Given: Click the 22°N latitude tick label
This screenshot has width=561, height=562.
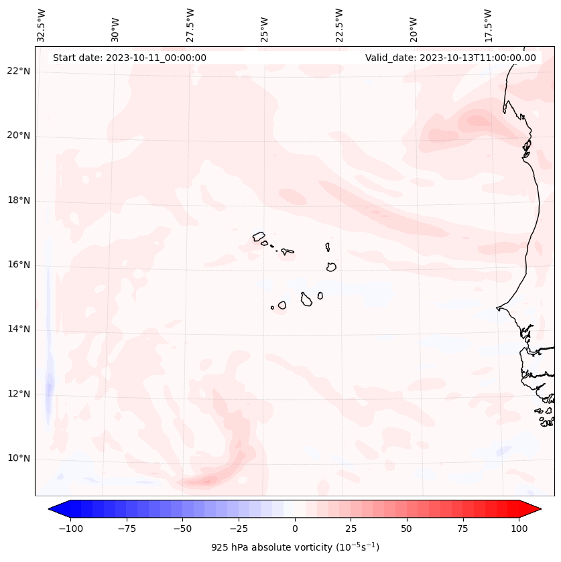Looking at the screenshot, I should tap(19, 72).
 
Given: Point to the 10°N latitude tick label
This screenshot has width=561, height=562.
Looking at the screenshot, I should tap(19, 458).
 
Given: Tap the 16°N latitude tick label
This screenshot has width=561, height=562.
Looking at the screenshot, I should tap(19, 265).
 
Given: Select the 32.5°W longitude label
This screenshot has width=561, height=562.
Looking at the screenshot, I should tap(42, 25).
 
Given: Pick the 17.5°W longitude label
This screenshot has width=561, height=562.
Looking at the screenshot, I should tap(489, 25).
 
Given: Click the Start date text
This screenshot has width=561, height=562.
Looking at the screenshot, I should tap(129, 58).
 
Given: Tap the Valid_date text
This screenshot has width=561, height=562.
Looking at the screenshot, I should tap(450, 58).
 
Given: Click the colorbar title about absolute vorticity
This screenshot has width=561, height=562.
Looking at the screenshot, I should tap(295, 547).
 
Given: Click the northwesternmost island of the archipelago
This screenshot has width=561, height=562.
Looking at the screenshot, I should tap(259, 236).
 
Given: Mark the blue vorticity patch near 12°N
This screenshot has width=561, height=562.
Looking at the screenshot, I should tap(48, 389).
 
